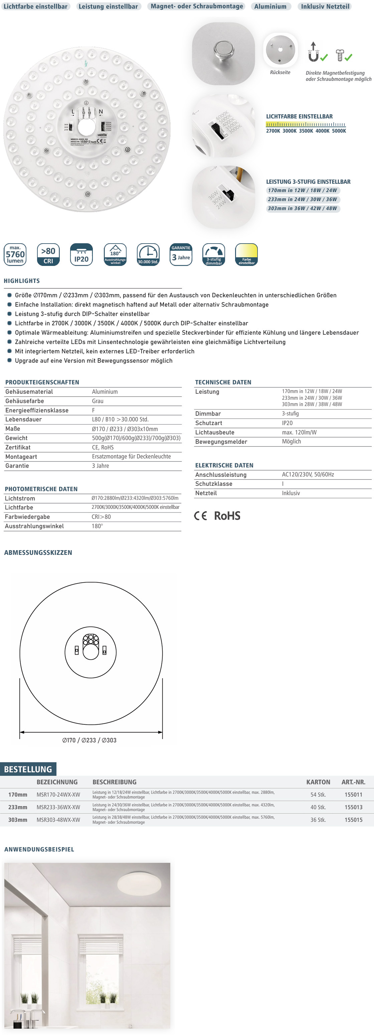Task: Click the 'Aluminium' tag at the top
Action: tap(270, 6)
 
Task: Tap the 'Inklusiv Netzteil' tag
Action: tap(325, 6)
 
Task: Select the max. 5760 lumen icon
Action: tap(15, 254)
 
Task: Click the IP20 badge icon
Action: tap(81, 254)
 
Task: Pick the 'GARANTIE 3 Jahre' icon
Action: tap(181, 254)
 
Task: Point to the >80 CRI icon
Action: tap(48, 254)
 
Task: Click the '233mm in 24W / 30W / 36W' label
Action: tap(303, 199)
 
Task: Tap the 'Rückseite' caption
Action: tap(280, 72)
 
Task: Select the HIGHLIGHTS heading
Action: tap(22, 281)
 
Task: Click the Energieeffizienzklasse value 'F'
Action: tap(93, 410)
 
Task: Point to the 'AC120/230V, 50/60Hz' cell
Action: tap(308, 474)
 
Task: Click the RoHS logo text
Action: tap(227, 516)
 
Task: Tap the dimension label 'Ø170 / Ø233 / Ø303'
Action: tap(89, 740)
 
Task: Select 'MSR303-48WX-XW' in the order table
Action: tap(58, 820)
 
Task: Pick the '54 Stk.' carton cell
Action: tap(318, 795)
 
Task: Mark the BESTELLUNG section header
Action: tap(28, 769)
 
